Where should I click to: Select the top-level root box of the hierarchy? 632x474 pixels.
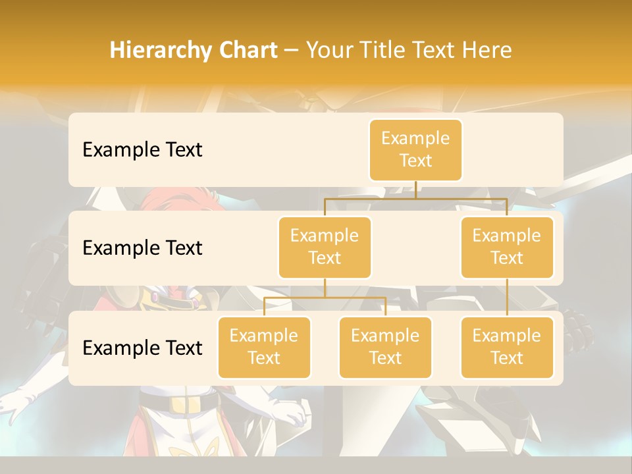click(415, 150)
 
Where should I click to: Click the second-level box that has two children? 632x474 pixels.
click(325, 248)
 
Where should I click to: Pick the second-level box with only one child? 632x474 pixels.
click(507, 248)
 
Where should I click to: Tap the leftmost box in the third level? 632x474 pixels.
click(264, 348)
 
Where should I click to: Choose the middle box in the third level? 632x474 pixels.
click(385, 348)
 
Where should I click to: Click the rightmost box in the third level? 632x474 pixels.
click(507, 348)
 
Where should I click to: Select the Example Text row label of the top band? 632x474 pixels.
click(142, 150)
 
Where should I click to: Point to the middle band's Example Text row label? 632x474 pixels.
click(142, 248)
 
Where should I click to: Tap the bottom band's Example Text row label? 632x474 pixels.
click(142, 348)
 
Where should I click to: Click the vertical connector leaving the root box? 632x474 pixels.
click(415, 190)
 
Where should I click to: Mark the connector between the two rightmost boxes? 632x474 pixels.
click(507, 298)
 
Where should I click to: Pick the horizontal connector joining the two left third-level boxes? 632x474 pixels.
click(325, 298)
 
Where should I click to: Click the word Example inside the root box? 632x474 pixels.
click(415, 139)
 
